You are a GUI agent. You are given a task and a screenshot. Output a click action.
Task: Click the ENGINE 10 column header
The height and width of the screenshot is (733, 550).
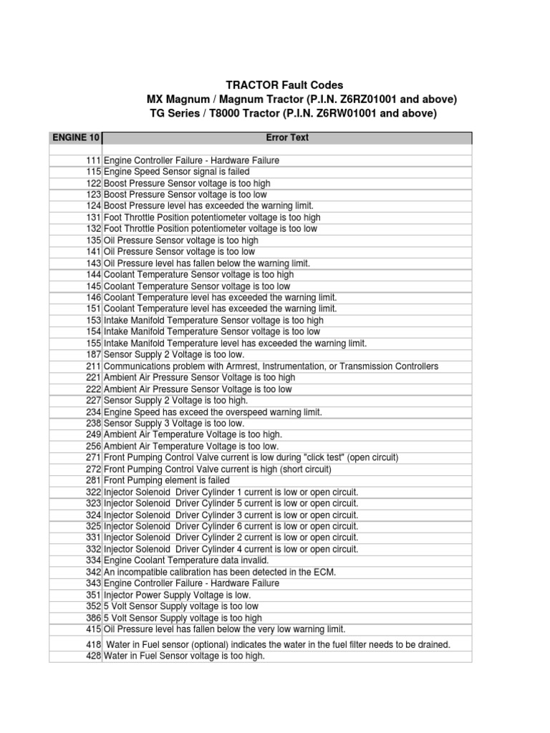(x=74, y=137)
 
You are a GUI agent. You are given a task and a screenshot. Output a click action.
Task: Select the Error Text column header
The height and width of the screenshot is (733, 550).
(x=287, y=137)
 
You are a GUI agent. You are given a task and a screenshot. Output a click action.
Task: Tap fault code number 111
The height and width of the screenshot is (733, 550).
(x=93, y=160)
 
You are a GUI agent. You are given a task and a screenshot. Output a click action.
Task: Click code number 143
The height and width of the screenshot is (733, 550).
(x=93, y=263)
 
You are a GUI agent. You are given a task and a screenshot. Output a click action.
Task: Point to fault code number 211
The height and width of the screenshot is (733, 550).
(x=93, y=366)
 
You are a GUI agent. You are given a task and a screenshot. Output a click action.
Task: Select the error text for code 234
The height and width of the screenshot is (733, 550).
(x=213, y=412)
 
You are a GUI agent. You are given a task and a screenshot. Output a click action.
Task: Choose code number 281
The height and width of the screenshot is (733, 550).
(x=93, y=480)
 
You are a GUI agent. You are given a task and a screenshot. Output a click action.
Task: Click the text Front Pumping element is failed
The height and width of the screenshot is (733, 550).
(x=166, y=480)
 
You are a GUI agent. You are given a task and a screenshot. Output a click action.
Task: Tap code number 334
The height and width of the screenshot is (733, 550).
(x=93, y=560)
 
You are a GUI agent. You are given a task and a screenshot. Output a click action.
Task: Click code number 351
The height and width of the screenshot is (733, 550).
(x=93, y=595)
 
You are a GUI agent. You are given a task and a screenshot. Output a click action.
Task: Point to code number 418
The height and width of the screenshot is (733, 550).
(x=93, y=644)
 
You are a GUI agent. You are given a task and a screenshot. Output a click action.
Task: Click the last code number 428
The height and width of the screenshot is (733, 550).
(x=93, y=656)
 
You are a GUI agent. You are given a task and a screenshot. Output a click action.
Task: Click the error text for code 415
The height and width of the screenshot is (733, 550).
(x=224, y=629)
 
